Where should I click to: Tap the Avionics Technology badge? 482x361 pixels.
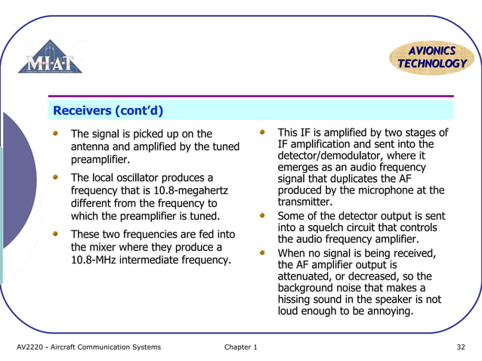point(431,57)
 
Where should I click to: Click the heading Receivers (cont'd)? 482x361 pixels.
point(109,111)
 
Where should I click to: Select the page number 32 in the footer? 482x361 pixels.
point(460,347)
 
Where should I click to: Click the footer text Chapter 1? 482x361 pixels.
point(241,347)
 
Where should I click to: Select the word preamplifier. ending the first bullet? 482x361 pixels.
point(100,159)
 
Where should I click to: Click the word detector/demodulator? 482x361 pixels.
point(329,156)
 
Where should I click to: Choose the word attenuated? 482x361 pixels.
point(305,276)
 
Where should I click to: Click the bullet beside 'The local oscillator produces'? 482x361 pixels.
point(55,177)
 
